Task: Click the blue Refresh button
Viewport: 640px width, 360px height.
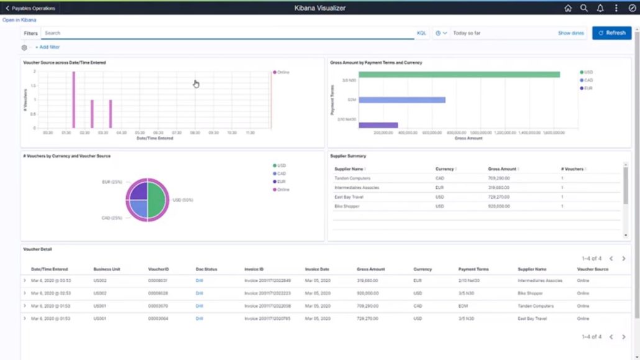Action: click(611, 33)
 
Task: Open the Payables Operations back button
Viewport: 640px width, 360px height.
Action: click(30, 8)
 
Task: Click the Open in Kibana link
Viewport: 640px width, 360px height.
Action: click(19, 20)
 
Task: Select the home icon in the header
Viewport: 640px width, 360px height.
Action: click(568, 8)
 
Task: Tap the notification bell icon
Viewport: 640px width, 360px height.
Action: click(600, 8)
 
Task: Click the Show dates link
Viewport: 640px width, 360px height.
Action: click(570, 33)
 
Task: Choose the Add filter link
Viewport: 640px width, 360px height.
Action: click(49, 47)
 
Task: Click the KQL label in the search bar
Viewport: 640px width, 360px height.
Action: click(421, 33)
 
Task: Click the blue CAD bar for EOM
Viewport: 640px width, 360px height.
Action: click(402, 99)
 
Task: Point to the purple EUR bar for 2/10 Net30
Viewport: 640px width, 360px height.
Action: click(378, 125)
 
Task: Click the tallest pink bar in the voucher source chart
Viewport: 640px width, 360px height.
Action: click(73, 99)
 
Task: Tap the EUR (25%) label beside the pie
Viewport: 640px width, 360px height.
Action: click(112, 182)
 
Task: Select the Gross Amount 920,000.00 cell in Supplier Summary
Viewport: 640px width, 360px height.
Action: click(498, 206)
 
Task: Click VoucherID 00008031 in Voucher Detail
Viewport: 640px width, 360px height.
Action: click(158, 280)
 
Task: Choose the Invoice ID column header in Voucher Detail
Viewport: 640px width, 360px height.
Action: click(254, 269)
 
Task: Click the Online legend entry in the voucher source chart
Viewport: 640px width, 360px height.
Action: click(283, 72)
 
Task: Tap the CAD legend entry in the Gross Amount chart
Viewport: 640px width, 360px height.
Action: click(588, 80)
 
